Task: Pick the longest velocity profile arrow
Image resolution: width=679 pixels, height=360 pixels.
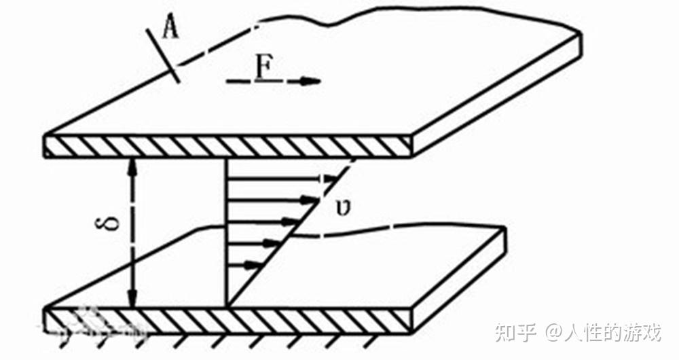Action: (x=278, y=180)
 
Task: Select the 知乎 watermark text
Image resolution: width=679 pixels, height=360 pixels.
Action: (x=515, y=332)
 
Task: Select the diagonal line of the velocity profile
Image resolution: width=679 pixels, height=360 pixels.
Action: (x=292, y=231)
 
